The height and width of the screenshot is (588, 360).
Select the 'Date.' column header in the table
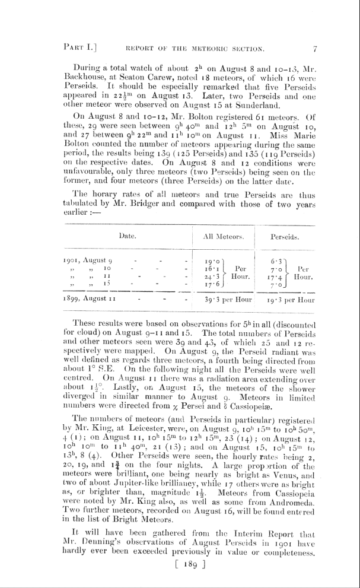(128, 236)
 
